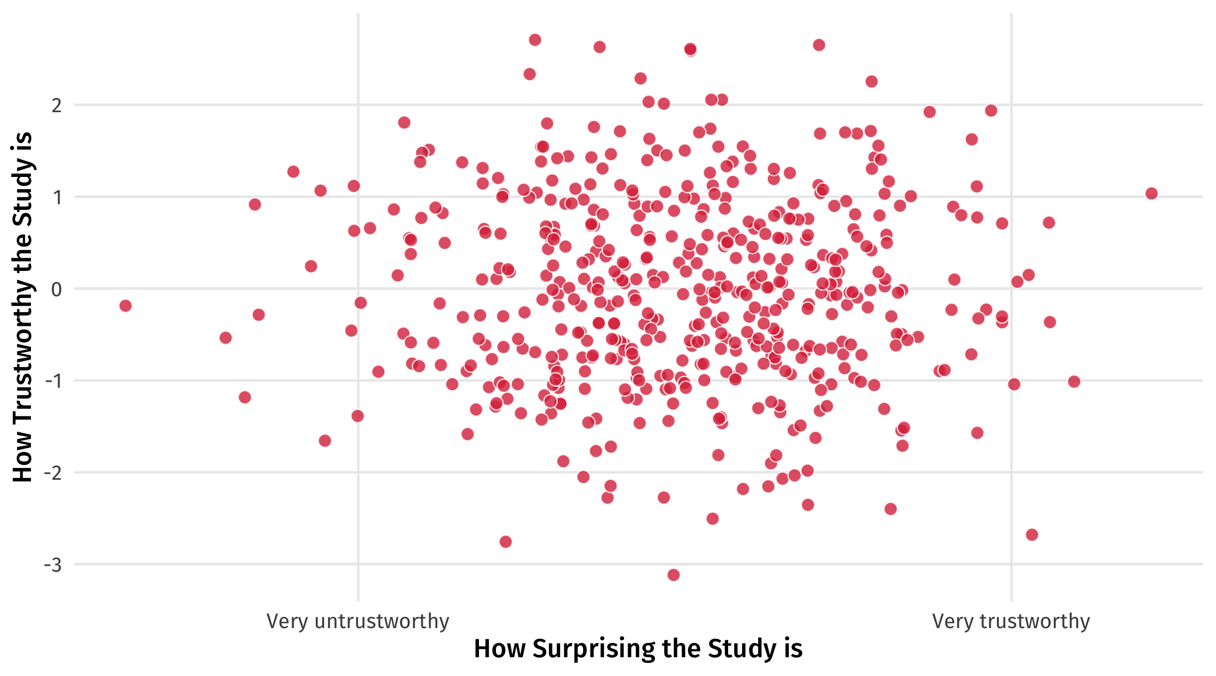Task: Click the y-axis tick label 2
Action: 57,105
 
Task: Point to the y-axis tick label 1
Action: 57,197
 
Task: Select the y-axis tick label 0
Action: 57,289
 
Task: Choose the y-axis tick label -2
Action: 53,473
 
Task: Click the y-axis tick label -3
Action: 53,565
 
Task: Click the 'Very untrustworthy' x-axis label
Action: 357,621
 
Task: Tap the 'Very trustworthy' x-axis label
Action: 1011,621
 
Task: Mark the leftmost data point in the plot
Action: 125,306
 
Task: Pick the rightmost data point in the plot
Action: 1151,193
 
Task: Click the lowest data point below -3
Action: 674,575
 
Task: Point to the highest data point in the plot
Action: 535,40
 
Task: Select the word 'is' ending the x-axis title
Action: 793,649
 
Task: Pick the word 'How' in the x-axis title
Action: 500,649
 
